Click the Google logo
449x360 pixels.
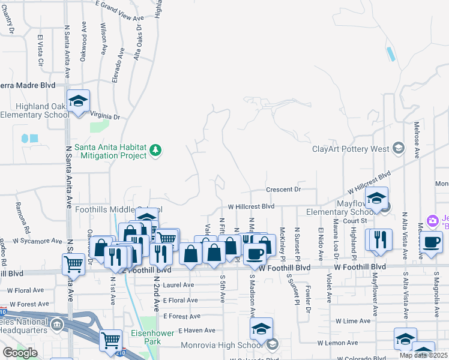click(x=20, y=352)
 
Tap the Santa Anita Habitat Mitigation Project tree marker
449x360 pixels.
click(x=155, y=149)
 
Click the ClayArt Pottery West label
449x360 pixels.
click(x=351, y=149)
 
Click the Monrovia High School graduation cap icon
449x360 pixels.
click(x=262, y=329)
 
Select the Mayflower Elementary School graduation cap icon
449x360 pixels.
click(x=376, y=198)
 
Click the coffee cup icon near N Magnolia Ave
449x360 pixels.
click(x=430, y=242)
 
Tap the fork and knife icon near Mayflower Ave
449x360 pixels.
click(x=379, y=240)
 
